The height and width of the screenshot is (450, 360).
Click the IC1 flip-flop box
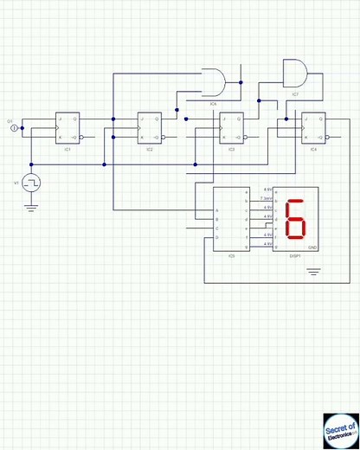[67, 128]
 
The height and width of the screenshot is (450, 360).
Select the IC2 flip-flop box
[150, 128]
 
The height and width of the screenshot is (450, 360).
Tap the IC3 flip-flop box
[231, 128]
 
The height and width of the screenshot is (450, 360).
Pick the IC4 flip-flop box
[313, 128]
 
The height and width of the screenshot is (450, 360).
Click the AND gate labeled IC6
[213, 82]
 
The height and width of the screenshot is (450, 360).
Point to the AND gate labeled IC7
[295, 73]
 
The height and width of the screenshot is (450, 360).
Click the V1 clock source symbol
[32, 183]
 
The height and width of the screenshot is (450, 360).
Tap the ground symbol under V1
[32, 206]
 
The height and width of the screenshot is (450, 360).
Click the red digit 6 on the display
[295, 220]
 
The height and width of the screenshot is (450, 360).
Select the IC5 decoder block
[231, 219]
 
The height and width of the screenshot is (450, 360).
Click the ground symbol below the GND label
[313, 272]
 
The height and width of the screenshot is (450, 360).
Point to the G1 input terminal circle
[14, 128]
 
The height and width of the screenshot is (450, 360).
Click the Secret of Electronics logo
[340, 430]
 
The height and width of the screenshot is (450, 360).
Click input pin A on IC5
[217, 210]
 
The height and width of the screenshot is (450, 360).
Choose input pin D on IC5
[217, 237]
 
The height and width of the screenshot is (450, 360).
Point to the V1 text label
[16, 183]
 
